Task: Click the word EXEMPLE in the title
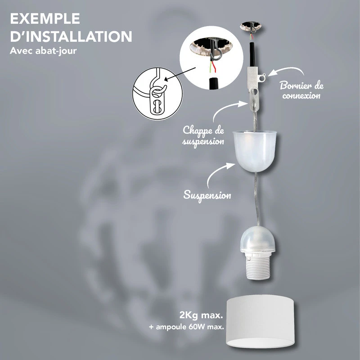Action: coord(45,18)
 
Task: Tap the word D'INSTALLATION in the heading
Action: coord(71,36)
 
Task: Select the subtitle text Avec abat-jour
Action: coord(43,51)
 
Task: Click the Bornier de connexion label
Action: coord(301,90)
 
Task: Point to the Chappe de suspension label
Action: coord(203,135)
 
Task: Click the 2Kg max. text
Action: coord(201,315)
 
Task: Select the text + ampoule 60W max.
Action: coord(186,327)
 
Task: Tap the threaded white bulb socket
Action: coord(258,265)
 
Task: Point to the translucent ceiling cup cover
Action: coord(255,151)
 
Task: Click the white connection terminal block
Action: coord(254,75)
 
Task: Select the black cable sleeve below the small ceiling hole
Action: coord(252,54)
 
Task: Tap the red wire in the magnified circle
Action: coord(214,67)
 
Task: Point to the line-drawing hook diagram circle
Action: coord(157,94)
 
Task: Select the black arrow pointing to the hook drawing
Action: coord(180,74)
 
